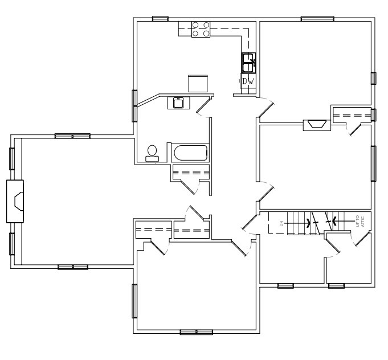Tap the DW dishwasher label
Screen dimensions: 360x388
point(248,82)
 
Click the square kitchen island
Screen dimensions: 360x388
point(198,83)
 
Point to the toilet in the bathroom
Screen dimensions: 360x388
point(152,153)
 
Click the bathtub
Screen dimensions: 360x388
point(190,153)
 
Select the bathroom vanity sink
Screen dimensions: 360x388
point(178,103)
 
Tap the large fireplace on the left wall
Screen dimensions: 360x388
point(16,201)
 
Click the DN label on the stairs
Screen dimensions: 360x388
point(281,224)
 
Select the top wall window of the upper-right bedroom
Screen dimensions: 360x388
point(317,19)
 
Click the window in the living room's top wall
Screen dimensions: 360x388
point(72,136)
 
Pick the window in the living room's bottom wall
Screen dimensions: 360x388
point(73,267)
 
